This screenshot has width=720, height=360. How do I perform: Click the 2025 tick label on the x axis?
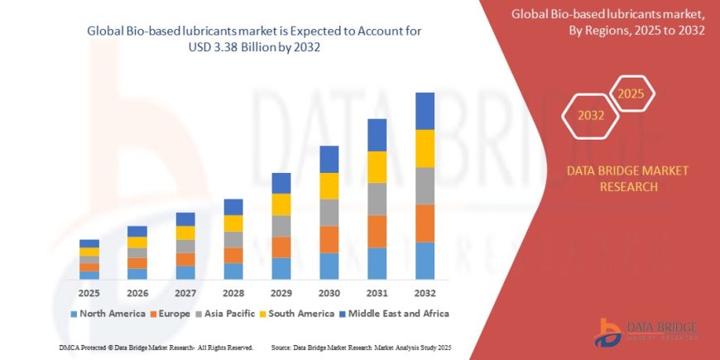[x=89, y=293]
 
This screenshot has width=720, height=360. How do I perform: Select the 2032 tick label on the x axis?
[x=425, y=293]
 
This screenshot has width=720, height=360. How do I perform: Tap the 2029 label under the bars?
[x=281, y=293]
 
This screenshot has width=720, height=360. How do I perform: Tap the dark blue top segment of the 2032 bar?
[x=425, y=111]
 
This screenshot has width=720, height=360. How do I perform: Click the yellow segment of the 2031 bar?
[x=377, y=167]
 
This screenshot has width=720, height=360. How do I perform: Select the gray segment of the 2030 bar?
[x=329, y=213]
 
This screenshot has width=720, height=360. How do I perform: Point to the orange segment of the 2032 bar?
[x=425, y=223]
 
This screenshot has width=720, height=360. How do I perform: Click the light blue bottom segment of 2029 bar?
[x=281, y=268]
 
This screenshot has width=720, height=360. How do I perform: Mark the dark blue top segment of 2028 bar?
[x=233, y=207]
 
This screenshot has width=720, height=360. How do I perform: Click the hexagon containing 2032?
[x=590, y=115]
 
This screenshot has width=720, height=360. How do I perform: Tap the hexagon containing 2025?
[x=632, y=92]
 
